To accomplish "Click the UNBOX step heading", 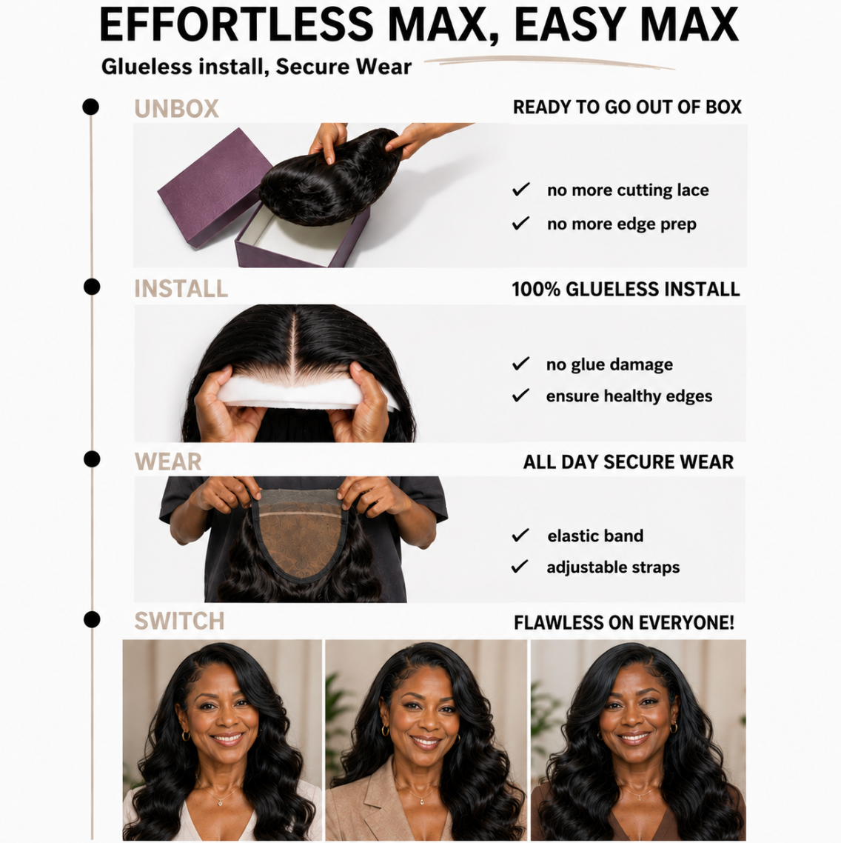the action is click(x=176, y=109).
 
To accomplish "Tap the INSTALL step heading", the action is click(x=181, y=289).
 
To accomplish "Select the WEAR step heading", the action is click(x=168, y=462).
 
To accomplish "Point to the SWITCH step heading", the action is click(x=179, y=621).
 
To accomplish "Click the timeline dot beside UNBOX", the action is click(x=91, y=107).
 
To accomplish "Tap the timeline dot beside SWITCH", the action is click(x=92, y=619).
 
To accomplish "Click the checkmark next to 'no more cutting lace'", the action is click(x=520, y=189).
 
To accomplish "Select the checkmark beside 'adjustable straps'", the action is click(x=520, y=566).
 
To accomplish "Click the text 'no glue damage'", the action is click(x=609, y=364).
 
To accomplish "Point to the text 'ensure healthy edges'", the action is click(x=629, y=396).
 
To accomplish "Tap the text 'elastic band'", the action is click(x=595, y=536).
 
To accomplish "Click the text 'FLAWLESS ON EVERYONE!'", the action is click(x=624, y=622).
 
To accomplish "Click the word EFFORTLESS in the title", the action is click(x=236, y=24).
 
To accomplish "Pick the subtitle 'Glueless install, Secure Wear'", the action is click(x=256, y=67).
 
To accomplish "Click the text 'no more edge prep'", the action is click(x=622, y=224).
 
